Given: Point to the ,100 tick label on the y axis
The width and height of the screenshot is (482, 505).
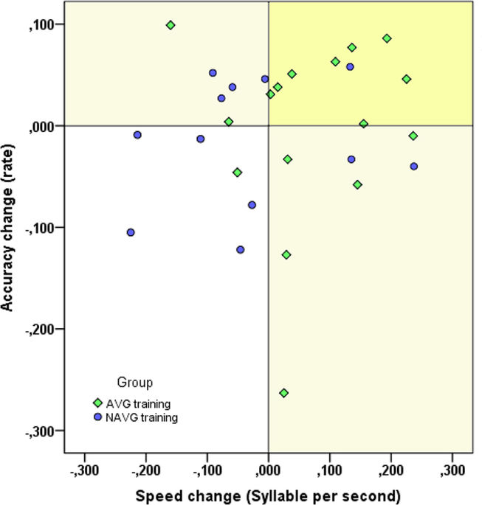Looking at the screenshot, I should click(47, 24).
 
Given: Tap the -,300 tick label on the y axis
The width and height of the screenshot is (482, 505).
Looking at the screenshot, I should click(45, 431).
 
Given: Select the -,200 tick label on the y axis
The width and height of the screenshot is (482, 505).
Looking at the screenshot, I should click(45, 329).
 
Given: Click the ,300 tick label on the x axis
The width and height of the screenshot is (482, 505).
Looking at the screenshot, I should click(452, 470).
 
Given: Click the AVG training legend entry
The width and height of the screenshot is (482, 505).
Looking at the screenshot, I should click(137, 404).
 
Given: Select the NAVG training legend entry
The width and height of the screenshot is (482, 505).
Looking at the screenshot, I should click(140, 417).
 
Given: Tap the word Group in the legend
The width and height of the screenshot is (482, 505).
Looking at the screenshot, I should click(135, 382).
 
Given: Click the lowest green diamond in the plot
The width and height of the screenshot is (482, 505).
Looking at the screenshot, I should click(283, 393).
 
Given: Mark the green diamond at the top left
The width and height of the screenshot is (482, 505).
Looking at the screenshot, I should click(171, 25).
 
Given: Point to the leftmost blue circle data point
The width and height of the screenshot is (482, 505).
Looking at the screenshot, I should click(131, 232).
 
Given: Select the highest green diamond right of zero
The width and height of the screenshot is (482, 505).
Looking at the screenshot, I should click(387, 38).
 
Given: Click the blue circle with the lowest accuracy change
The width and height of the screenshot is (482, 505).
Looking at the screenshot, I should click(241, 249).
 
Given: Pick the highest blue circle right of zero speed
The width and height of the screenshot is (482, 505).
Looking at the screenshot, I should click(350, 67).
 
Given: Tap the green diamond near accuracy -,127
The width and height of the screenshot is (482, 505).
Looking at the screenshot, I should click(286, 254).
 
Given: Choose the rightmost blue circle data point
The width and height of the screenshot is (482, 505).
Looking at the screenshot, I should click(414, 167).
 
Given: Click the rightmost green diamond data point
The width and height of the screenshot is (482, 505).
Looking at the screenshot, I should click(413, 136).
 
